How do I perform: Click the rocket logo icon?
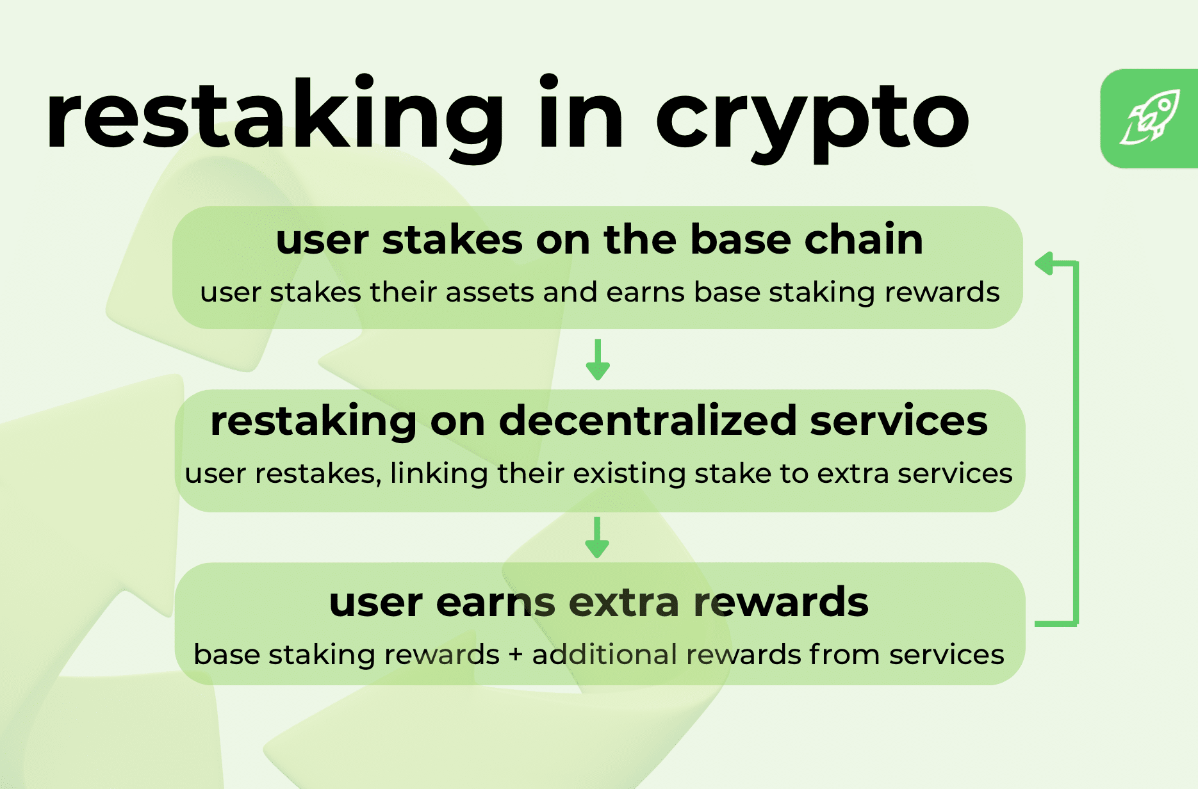point(1150,118)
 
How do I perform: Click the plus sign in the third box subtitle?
point(515,655)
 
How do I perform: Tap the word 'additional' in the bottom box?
point(604,655)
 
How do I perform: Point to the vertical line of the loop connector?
point(1076,442)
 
